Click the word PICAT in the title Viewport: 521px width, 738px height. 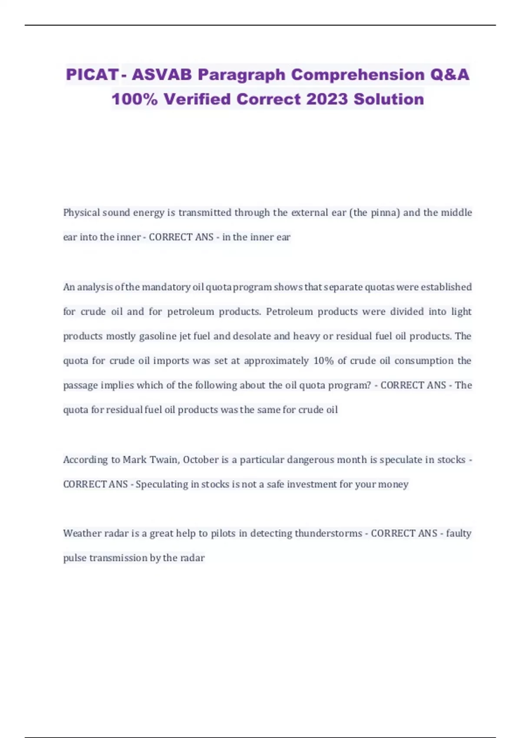[92, 75]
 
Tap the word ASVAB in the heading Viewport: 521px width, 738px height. [162, 75]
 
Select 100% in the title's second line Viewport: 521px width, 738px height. [134, 99]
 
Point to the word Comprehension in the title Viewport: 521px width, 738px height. [358, 75]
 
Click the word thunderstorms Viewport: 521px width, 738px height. [328, 534]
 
